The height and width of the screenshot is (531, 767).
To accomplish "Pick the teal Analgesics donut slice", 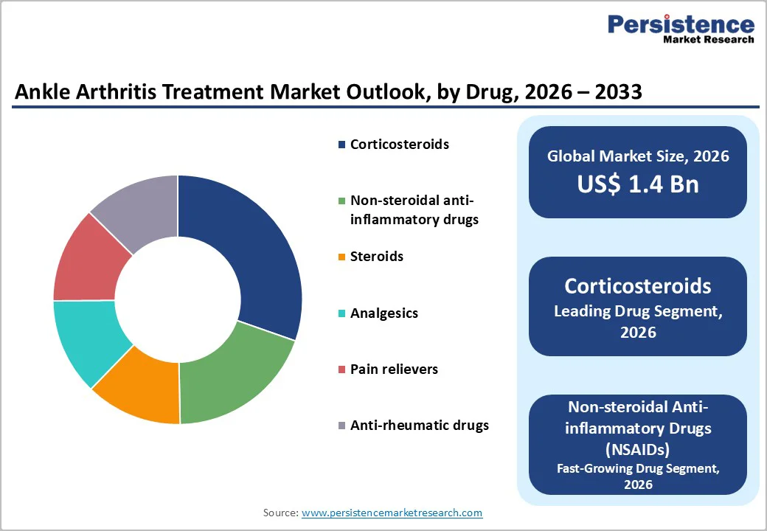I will coord(85,339).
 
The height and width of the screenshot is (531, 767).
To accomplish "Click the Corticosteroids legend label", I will coord(399,145).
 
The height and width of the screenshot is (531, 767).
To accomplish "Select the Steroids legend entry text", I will coord(377,257).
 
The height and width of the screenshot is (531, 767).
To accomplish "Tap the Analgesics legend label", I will coord(383,313).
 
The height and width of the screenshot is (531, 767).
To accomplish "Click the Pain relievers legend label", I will coord(394,369).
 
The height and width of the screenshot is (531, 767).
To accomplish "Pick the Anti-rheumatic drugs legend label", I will coord(419,426).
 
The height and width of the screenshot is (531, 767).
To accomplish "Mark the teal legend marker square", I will coord(341,314).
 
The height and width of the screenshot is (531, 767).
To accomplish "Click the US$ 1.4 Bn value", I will coord(637,184).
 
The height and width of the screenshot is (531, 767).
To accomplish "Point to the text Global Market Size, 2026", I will coord(637,156).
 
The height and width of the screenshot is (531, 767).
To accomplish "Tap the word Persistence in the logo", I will coord(680,24).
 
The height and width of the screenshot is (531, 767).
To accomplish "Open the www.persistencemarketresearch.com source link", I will coord(392,513).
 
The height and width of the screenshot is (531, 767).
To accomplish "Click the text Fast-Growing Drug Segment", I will coord(637,468).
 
